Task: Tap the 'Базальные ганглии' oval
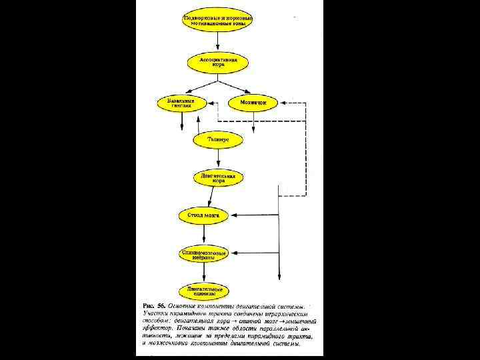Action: pyautogui.click(x=180, y=103)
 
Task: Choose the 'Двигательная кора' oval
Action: pyautogui.click(x=214, y=178)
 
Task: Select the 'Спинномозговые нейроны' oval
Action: pyautogui.click(x=203, y=253)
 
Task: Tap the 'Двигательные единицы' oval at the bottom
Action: pyautogui.click(x=203, y=291)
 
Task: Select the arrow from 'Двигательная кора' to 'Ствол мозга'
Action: pyautogui.click(x=209, y=197)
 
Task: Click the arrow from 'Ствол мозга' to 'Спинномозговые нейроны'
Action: pyautogui.click(x=203, y=234)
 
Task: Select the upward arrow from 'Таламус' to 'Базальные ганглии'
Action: pyautogui.click(x=198, y=123)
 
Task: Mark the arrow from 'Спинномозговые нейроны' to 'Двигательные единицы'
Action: pyautogui.click(x=203, y=272)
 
